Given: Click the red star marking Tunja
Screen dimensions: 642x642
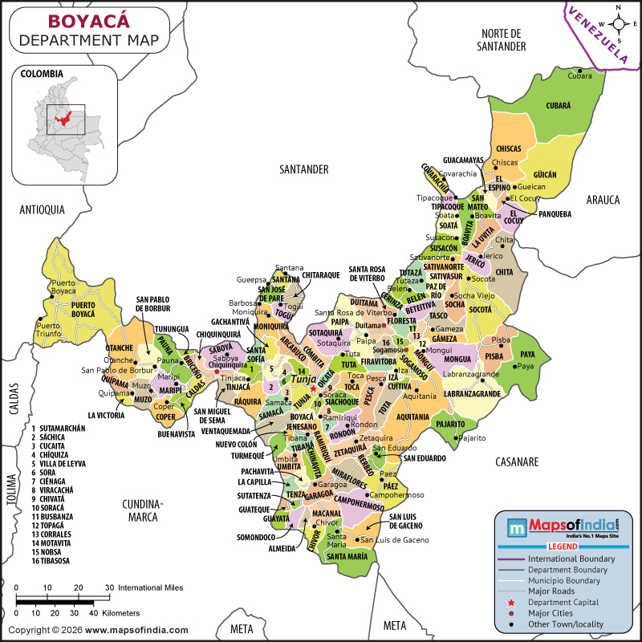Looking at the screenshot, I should (x=313, y=389).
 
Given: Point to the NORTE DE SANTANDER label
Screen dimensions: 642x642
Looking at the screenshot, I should (x=503, y=39).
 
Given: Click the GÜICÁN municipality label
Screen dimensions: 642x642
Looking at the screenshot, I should (x=545, y=173).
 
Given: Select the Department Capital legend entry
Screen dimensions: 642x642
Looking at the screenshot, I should (x=562, y=602).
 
